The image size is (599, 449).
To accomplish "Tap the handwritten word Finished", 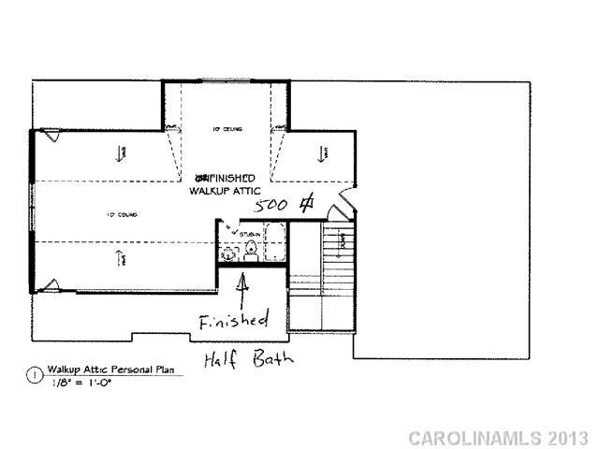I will [x=233, y=320].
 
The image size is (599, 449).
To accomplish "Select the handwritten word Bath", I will [x=273, y=358].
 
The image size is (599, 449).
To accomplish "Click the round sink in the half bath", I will [x=227, y=253].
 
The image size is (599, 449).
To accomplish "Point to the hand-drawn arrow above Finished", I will [x=244, y=285].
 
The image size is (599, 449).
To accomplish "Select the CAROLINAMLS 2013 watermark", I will [x=499, y=438].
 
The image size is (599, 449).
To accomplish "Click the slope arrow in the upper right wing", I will [x=321, y=152].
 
